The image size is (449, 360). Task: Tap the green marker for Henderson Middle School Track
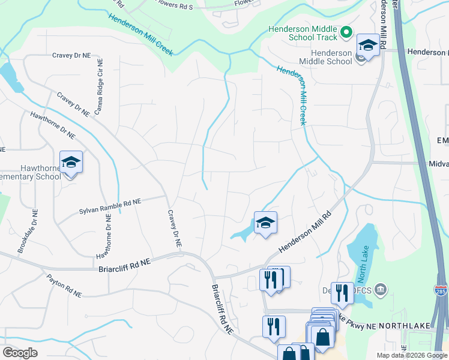346,31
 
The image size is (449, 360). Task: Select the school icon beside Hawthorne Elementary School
71,163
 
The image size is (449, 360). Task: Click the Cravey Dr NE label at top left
71,55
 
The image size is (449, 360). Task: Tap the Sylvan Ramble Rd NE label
110,206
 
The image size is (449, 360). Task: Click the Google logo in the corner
20,352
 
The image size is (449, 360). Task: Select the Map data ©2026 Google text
411,355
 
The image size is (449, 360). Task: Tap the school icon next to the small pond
265,223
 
